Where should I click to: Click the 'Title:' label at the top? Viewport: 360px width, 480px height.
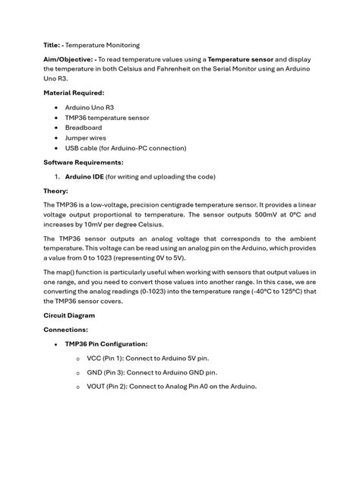point(52,46)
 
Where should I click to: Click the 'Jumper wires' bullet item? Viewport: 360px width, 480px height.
point(85,137)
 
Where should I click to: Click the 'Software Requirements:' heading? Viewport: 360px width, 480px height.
point(83,163)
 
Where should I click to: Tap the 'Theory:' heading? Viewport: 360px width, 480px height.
point(55,191)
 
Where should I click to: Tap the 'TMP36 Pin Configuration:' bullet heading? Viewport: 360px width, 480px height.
point(106,344)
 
